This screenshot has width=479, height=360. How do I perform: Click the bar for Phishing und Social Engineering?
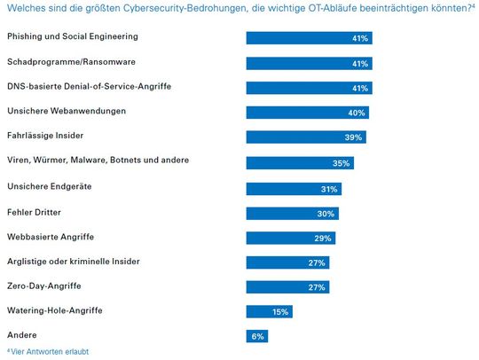click(309, 38)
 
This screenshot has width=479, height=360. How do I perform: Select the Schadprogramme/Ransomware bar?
click(309, 63)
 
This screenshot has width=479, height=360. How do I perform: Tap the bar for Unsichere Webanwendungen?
click(307, 113)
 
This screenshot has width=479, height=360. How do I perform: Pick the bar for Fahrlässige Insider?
click(305, 137)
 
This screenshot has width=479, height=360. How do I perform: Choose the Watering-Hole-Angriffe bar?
click(269, 311)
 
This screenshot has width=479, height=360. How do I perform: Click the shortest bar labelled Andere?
click(256, 336)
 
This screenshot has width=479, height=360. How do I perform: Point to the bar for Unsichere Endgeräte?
click(293, 189)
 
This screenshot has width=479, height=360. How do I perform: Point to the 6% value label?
click(257, 336)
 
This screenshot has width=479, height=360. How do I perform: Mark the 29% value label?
click(324, 238)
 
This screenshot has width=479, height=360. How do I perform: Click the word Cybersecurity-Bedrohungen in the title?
click(185, 9)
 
